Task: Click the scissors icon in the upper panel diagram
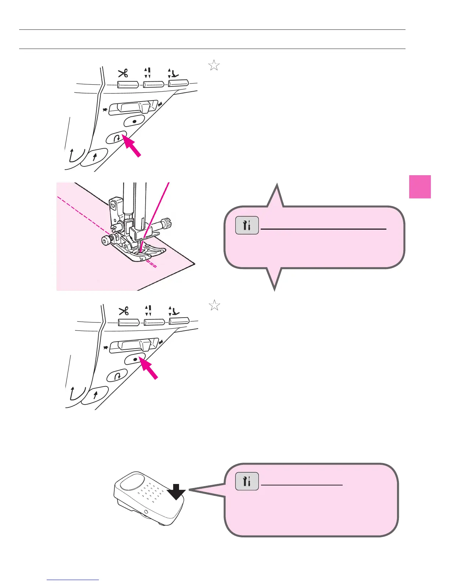pyautogui.click(x=123, y=73)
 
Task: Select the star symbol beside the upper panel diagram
pyautogui.click(x=214, y=66)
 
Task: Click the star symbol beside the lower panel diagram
pyautogui.click(x=214, y=305)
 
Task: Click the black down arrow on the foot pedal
pyautogui.click(x=176, y=492)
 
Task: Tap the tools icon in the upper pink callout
pyautogui.click(x=247, y=226)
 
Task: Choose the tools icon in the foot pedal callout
pyautogui.click(x=247, y=481)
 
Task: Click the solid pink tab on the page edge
pyautogui.click(x=420, y=187)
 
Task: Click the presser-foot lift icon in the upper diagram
pyautogui.click(x=174, y=73)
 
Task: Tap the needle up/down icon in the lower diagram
pyautogui.click(x=148, y=310)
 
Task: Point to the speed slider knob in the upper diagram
pyautogui.click(x=144, y=107)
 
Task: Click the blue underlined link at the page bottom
pyautogui.click(x=73, y=580)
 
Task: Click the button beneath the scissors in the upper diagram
pyautogui.click(x=128, y=85)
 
